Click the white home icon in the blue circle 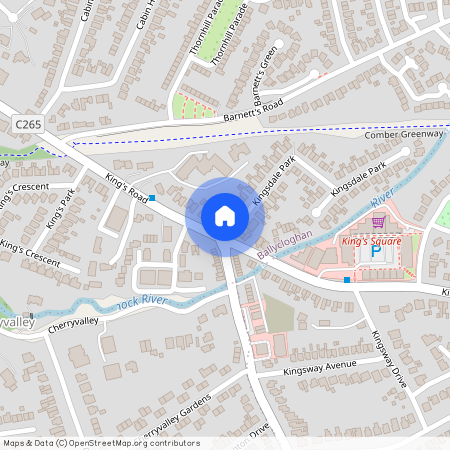[x=224, y=215]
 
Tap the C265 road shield [x=29, y=121]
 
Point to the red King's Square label [x=370, y=241]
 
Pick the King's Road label [x=127, y=187]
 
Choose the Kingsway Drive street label [x=384, y=359]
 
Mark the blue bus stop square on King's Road [x=152, y=199]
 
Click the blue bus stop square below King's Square [x=347, y=280]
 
